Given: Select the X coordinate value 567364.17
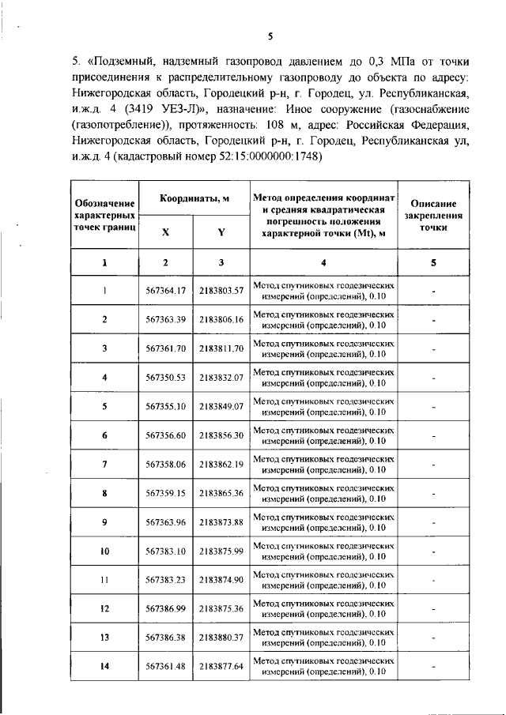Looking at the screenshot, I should coord(165,291).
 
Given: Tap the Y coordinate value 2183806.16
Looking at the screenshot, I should coord(221,319).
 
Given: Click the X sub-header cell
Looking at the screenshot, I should coord(165,232).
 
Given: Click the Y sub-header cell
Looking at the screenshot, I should coord(221,232).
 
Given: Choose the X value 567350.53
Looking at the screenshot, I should coord(165,378).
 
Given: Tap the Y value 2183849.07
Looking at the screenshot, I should coord(221,406).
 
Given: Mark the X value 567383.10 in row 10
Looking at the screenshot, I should coord(165,551).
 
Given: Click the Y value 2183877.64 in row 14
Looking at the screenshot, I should coord(221,666).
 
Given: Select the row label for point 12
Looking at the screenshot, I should coord(104,608).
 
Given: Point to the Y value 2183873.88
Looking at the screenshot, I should coord(221,521).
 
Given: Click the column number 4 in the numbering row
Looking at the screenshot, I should coord(323,262).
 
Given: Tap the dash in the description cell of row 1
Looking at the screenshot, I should coord(434,291).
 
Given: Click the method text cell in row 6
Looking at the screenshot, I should coord(323,435).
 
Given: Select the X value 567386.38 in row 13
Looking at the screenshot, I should coord(165,638).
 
